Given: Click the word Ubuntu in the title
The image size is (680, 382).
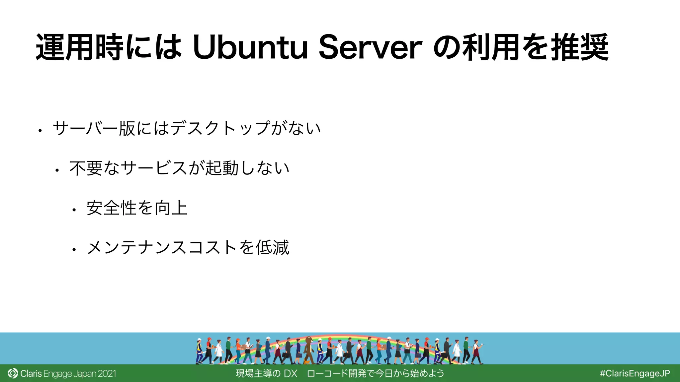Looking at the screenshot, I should coord(250,47).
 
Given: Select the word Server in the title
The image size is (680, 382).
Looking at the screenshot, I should coord(370,47).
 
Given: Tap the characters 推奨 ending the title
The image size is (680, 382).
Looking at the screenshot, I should coord(579,47).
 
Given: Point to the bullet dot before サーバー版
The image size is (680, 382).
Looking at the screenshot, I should coord(40,131).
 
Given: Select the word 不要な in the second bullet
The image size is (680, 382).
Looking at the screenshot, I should coord(94,168).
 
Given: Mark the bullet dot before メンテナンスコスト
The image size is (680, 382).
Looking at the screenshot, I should coord(74,250).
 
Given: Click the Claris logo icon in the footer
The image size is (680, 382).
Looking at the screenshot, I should coord(13,373).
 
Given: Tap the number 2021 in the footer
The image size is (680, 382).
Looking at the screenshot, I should coord(107,374).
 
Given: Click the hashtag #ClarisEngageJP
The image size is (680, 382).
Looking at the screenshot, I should coord(635,373).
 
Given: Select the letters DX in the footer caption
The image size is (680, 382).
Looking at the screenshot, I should coord(291,374).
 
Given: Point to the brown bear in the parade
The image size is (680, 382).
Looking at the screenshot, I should coord(309,348).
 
